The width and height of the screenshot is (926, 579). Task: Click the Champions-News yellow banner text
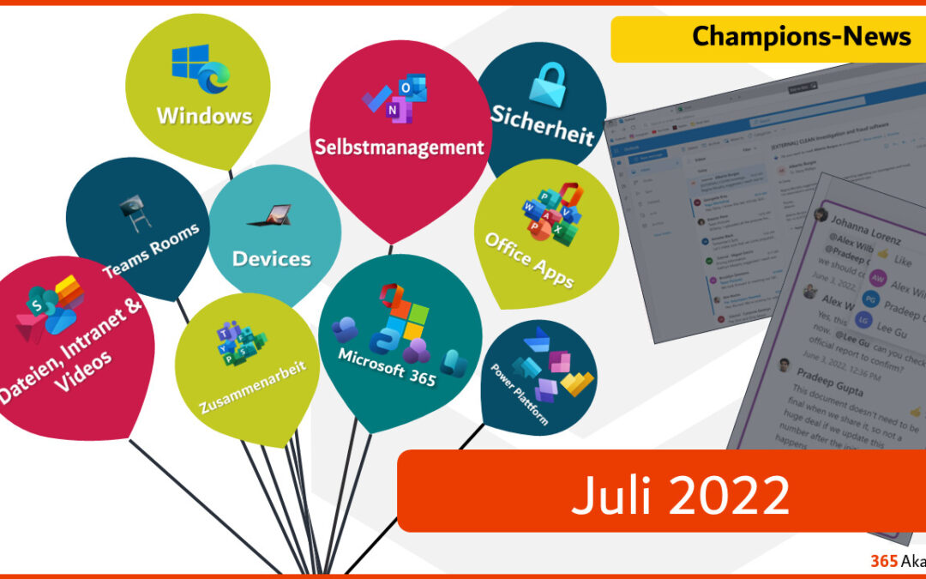802,36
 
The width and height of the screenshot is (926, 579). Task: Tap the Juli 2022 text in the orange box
680,494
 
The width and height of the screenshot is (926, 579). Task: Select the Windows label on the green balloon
204,115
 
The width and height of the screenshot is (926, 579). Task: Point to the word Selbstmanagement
399,147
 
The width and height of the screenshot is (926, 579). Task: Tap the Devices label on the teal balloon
271,258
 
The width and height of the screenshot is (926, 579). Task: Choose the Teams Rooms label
151,250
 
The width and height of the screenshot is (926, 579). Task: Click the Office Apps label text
529,259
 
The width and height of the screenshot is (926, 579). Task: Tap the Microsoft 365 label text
387,367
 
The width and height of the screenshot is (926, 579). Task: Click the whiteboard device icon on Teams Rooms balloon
130,208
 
